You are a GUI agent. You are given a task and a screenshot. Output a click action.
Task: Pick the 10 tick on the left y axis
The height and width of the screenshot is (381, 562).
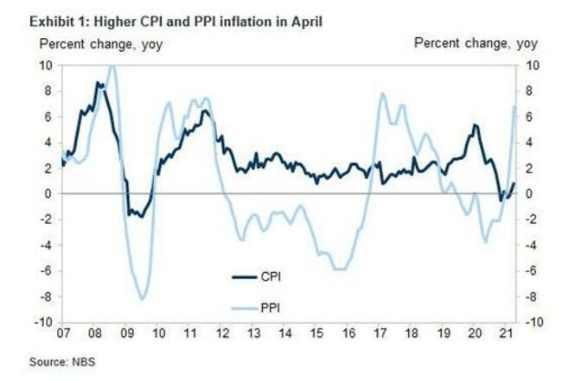(46, 65)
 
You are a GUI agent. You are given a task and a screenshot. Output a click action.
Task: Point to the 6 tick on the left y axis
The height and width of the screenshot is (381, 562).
(48, 117)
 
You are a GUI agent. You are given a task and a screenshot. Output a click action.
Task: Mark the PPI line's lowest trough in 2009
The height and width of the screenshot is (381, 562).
(142, 299)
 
